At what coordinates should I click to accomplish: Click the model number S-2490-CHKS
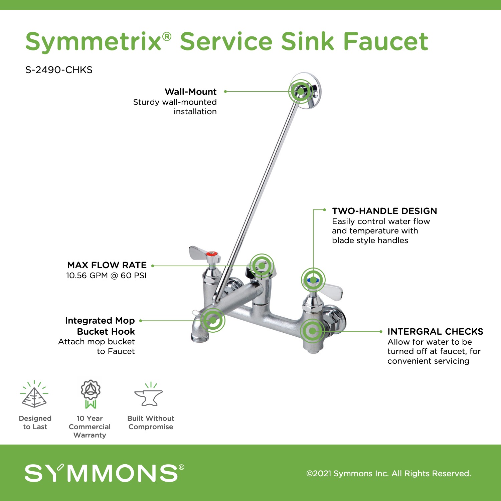pyautogui.click(x=59, y=70)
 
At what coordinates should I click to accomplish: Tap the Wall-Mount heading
pyautogui.click(x=191, y=92)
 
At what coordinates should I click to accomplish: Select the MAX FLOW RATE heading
pyautogui.click(x=107, y=265)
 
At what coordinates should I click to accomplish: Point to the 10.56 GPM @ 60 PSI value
pyautogui.click(x=106, y=276)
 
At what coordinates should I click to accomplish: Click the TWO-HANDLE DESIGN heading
pyautogui.click(x=384, y=211)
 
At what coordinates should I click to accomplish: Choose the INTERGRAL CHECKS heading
pyautogui.click(x=435, y=332)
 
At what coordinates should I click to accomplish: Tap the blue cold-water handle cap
pyautogui.click(x=313, y=280)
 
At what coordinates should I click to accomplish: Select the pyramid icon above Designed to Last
pyautogui.click(x=34, y=394)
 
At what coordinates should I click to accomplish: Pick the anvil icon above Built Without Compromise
pyautogui.click(x=149, y=394)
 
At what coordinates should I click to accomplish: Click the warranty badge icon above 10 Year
pyautogui.click(x=91, y=394)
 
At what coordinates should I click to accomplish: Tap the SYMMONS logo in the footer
pyautogui.click(x=104, y=473)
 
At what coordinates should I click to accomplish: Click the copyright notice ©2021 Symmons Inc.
pyautogui.click(x=389, y=474)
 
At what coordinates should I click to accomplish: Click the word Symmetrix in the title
pyautogui.click(x=94, y=42)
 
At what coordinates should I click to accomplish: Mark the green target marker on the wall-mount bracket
pyautogui.click(x=301, y=91)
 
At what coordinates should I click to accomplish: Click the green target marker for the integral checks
pyautogui.click(x=312, y=331)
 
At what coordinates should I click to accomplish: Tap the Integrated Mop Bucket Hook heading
pyautogui.click(x=100, y=326)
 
